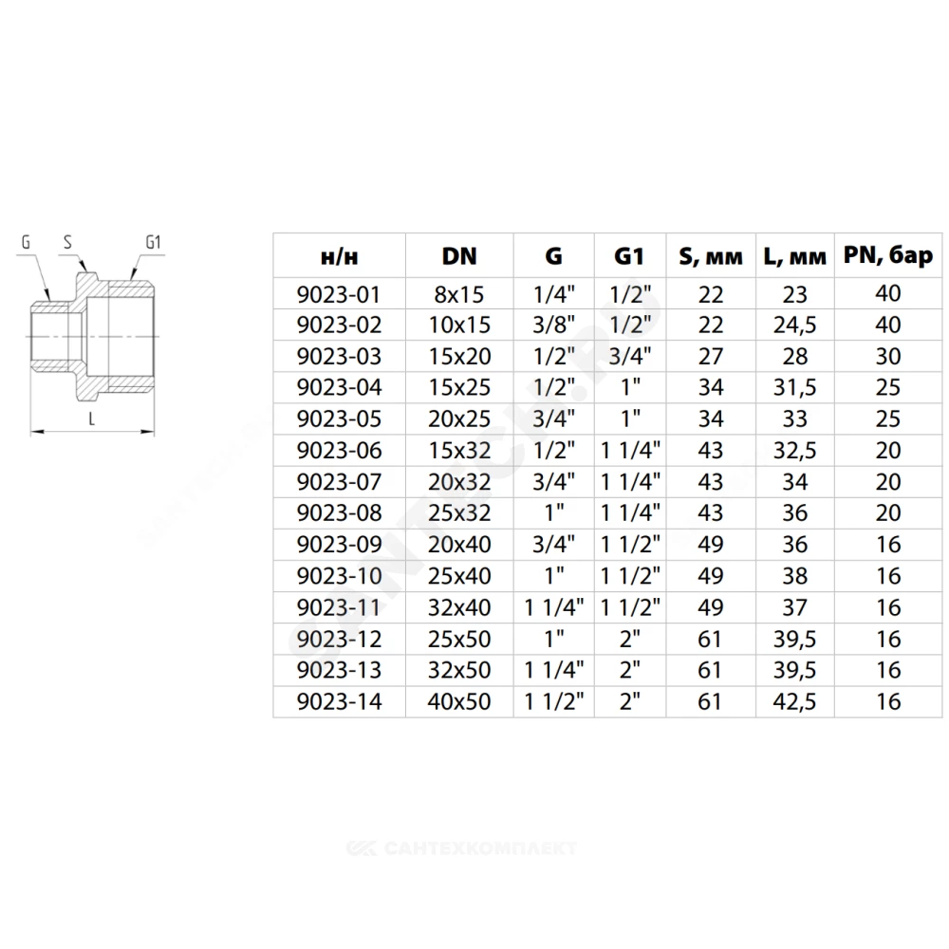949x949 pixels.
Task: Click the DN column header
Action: pyautogui.click(x=459, y=256)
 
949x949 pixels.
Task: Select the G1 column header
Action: pyautogui.click(x=629, y=256)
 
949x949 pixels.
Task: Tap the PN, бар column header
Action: pyautogui.click(x=888, y=256)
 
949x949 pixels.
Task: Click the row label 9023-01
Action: pyautogui.click(x=339, y=295)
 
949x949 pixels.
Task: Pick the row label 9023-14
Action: pyautogui.click(x=339, y=701)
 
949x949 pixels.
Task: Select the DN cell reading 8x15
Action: pyautogui.click(x=459, y=295)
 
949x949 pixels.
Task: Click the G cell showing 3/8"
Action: pyautogui.click(x=554, y=325)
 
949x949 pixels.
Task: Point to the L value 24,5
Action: pyautogui.click(x=794, y=326)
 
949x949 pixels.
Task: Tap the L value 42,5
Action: pyautogui.click(x=794, y=702)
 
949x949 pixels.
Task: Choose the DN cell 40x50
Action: pyautogui.click(x=459, y=701)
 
